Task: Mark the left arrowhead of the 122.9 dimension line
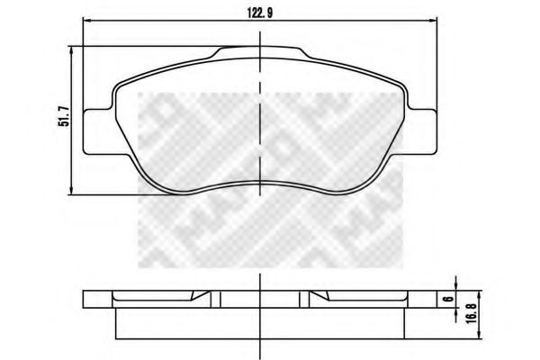coord(86,20)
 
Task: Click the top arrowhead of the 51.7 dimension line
coord(72,52)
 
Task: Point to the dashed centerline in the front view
coord(260,117)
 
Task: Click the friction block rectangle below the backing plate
coord(260,322)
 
